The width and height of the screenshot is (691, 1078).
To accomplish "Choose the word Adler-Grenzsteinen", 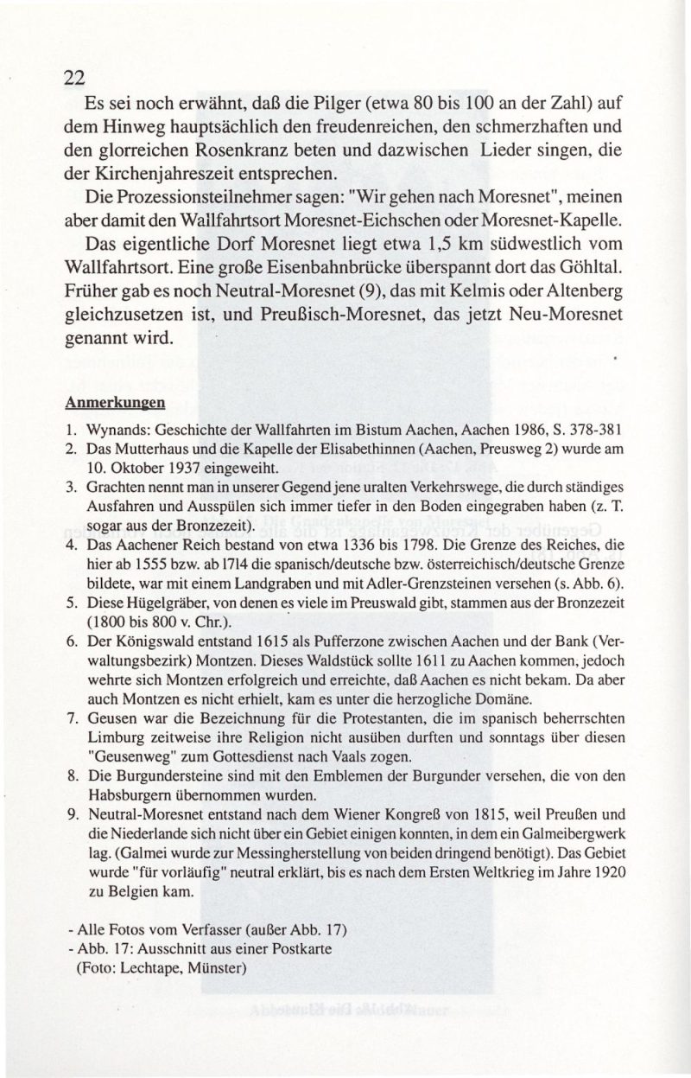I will [x=415, y=585].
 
